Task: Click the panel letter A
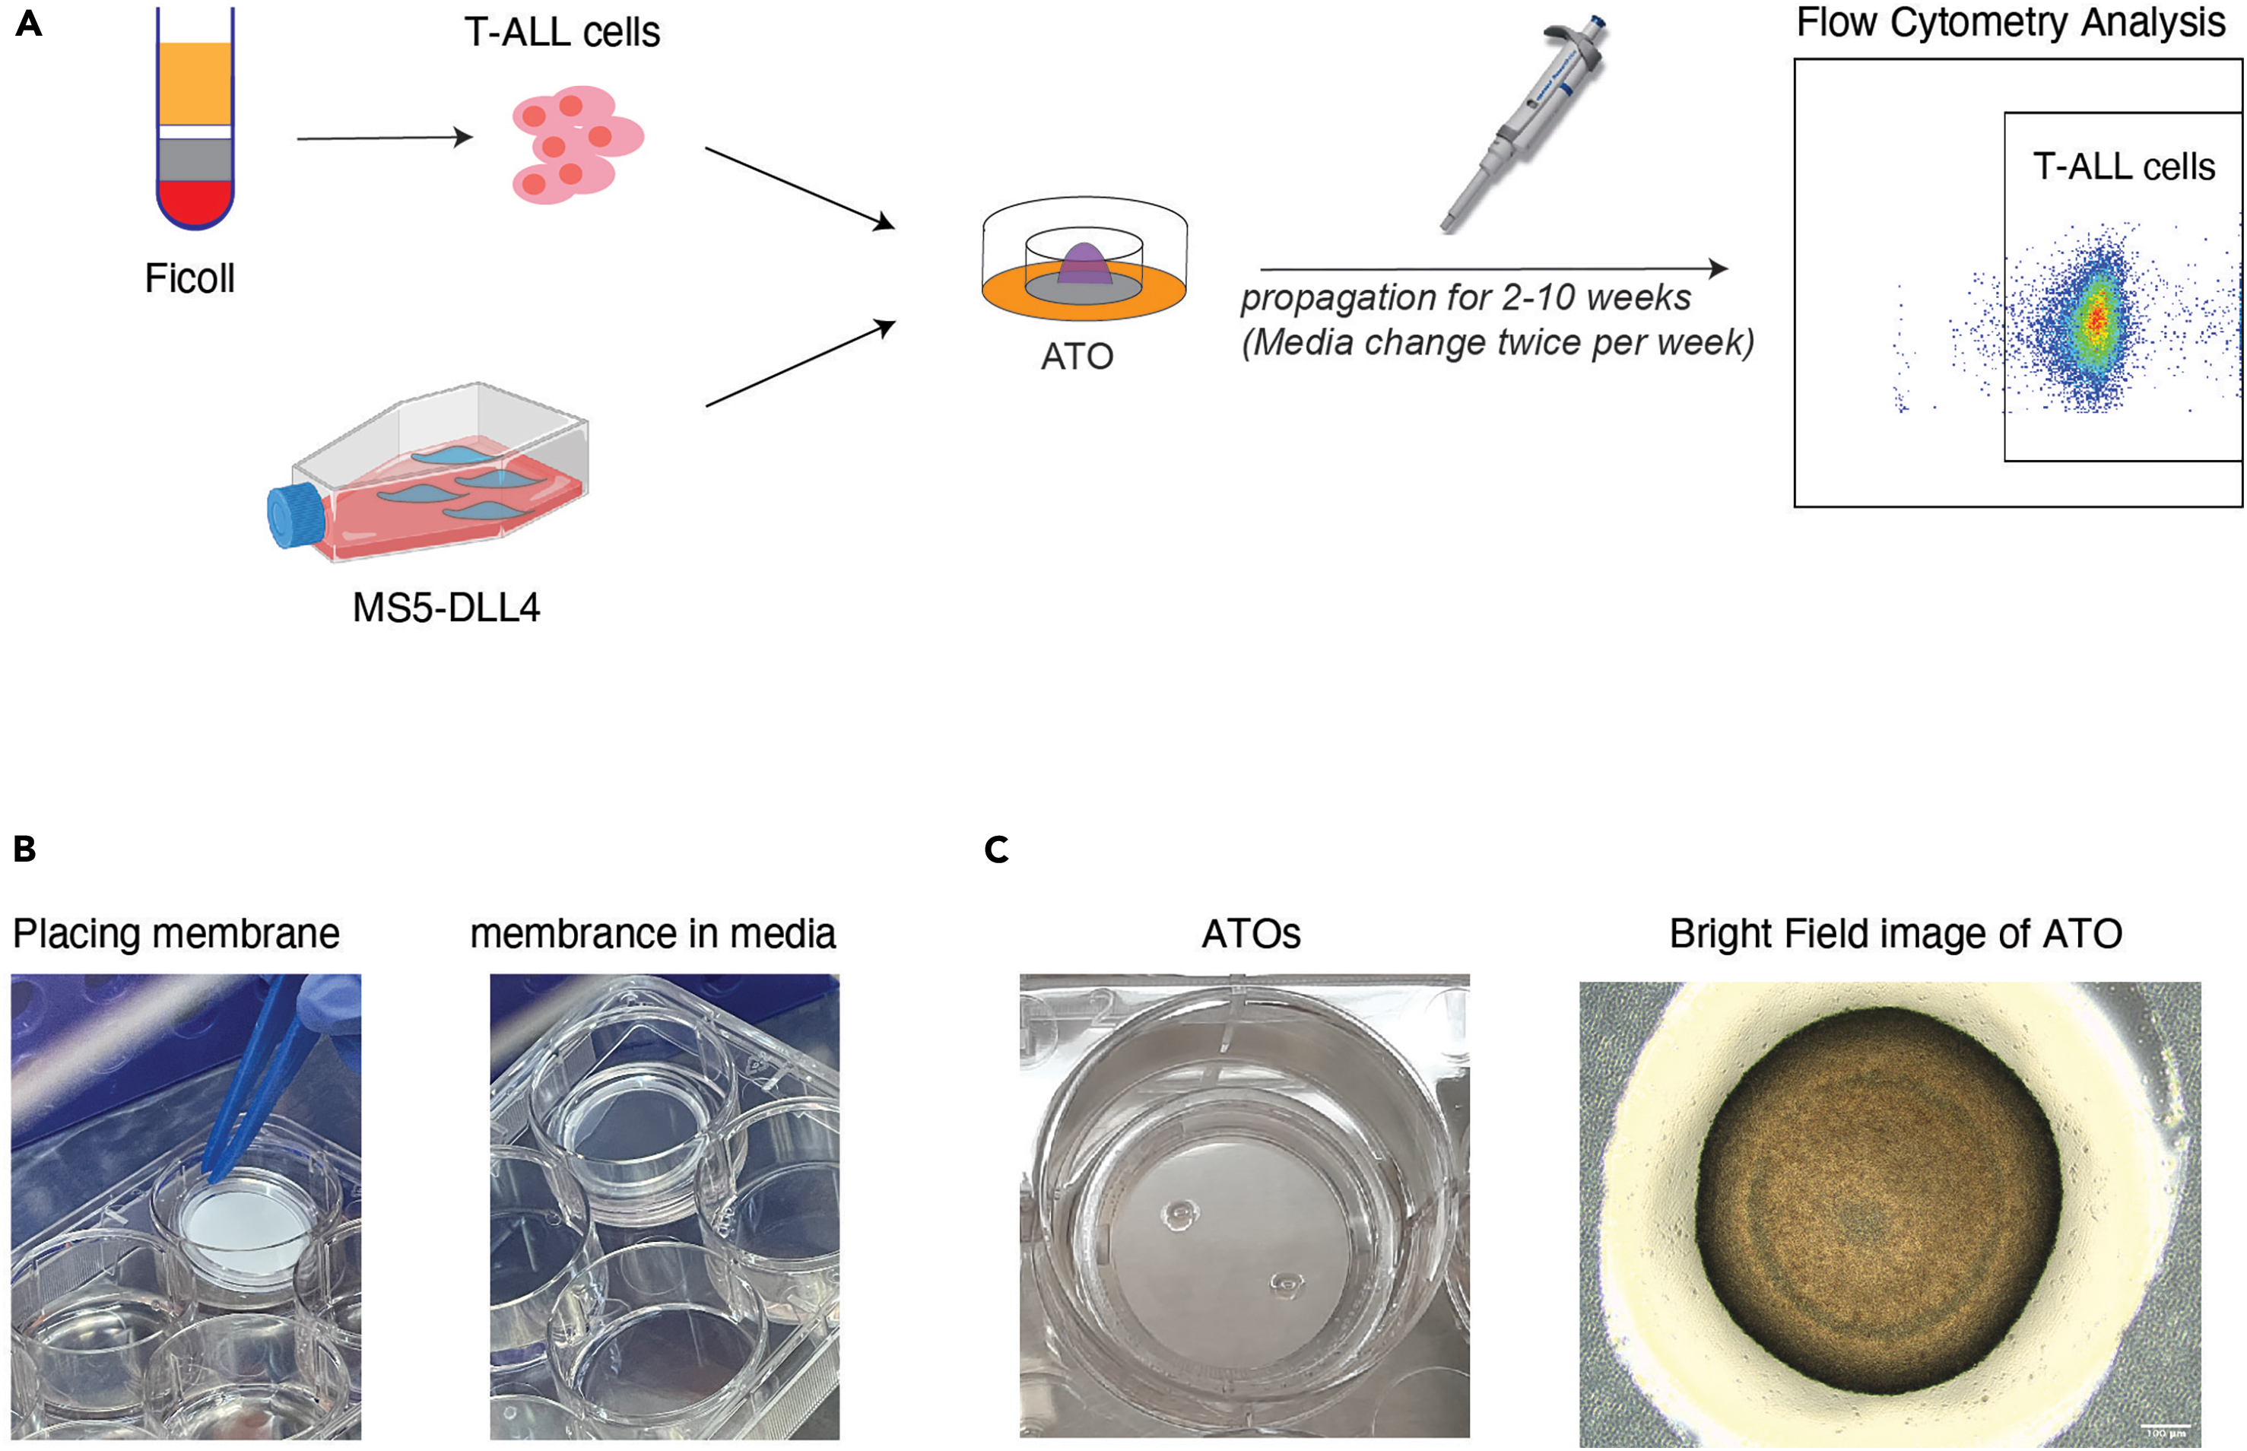click(x=29, y=24)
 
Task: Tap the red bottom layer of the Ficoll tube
click(x=194, y=202)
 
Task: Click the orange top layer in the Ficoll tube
click(x=195, y=83)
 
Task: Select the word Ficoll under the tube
click(x=189, y=279)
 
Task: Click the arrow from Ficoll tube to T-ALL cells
click(x=385, y=138)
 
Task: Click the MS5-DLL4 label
click(x=446, y=608)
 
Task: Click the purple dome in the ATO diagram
click(x=1085, y=264)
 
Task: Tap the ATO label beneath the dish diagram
click(x=1077, y=357)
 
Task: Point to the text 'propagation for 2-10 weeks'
click(x=1465, y=299)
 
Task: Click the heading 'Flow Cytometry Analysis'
click(x=2011, y=23)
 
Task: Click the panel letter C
click(x=996, y=850)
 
